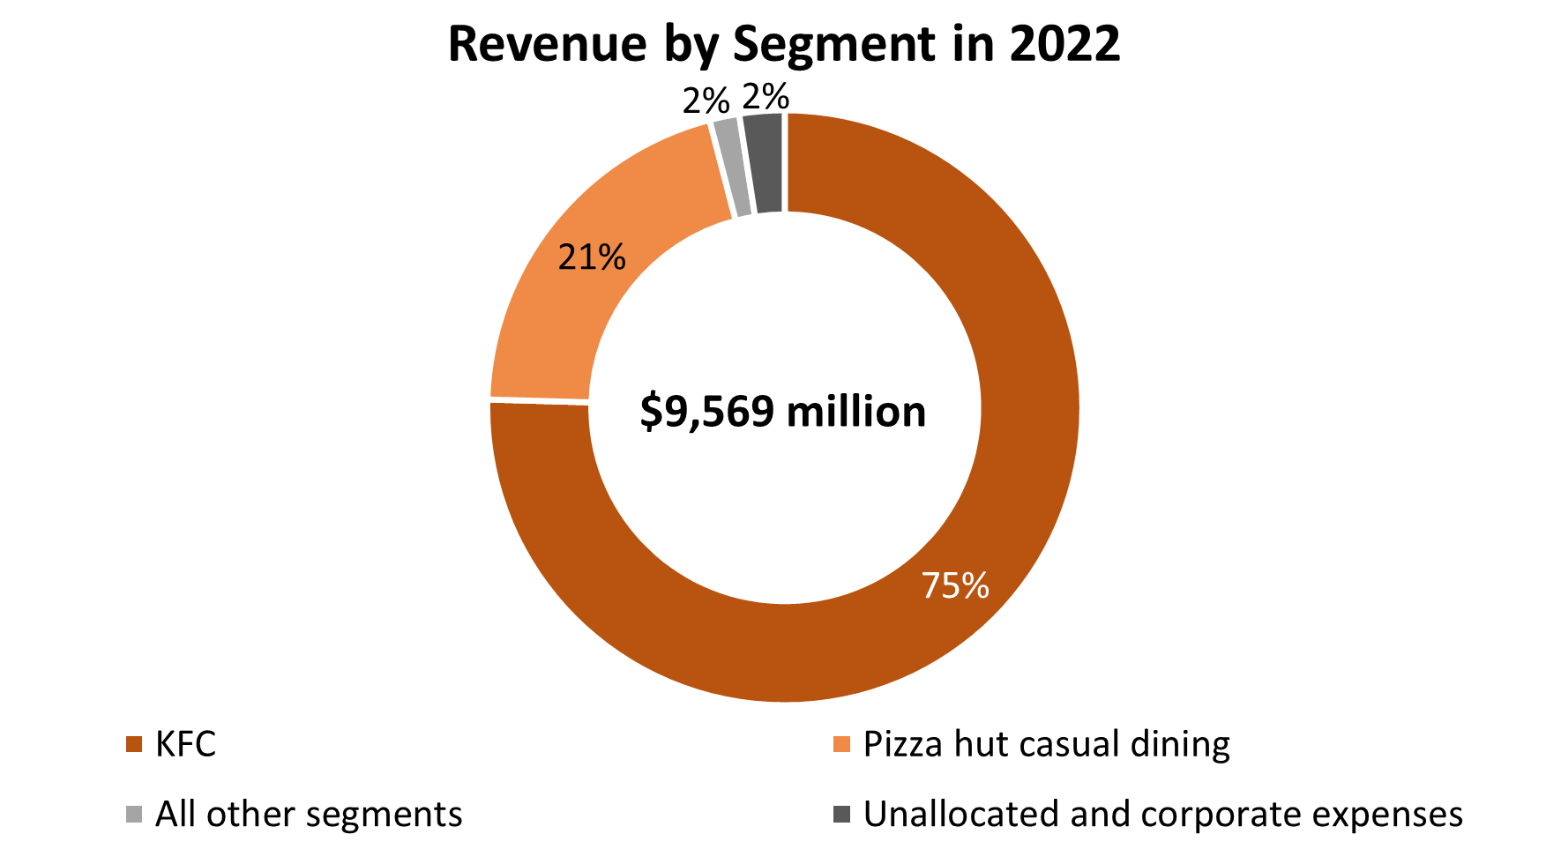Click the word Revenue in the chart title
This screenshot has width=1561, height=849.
548,44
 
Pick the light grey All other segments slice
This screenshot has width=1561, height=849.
730,168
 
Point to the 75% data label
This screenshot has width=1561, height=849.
955,585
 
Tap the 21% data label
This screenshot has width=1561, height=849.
592,257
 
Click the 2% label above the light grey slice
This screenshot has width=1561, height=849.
706,101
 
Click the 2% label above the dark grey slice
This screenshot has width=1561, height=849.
766,96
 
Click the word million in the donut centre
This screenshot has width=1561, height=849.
855,412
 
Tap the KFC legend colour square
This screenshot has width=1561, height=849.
134,744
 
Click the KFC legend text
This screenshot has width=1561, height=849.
185,744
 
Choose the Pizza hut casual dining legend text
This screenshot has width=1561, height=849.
1046,744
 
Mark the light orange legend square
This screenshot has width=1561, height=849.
841,744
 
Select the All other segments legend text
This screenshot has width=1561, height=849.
309,814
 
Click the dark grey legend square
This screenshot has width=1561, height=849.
841,814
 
